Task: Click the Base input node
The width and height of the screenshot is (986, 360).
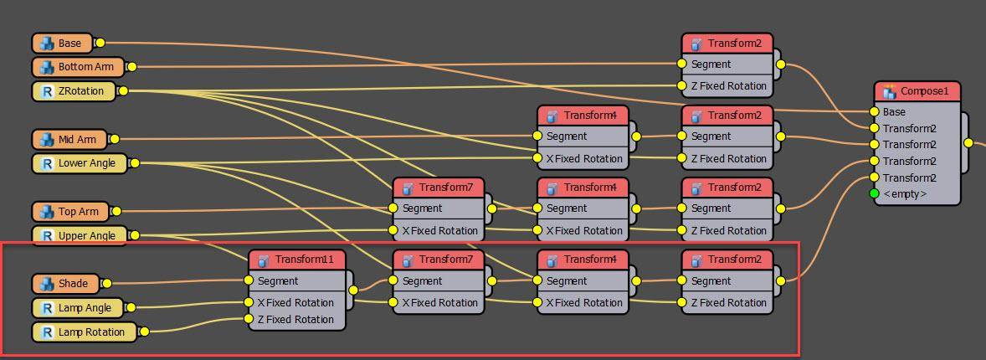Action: point(63,43)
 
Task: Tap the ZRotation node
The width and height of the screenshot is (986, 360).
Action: point(74,91)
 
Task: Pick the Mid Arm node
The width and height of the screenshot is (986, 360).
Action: point(69,139)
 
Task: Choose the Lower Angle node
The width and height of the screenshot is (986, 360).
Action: point(80,163)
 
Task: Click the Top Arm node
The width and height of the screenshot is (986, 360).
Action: point(71,212)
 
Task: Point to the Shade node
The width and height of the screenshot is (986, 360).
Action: point(65,284)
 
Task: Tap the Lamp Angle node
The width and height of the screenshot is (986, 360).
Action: point(77,308)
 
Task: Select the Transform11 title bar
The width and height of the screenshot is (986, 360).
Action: point(297,260)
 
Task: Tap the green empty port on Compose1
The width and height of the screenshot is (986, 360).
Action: point(875,193)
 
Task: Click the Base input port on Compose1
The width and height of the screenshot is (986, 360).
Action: point(875,111)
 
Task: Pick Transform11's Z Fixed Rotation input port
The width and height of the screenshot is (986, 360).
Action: point(249,319)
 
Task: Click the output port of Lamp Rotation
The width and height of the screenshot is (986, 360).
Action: point(144,332)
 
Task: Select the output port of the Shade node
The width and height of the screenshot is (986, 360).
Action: point(106,284)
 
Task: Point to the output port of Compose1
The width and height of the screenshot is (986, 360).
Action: point(968,143)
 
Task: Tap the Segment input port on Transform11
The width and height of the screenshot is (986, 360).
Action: point(249,280)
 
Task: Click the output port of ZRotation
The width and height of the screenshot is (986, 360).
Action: point(123,91)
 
